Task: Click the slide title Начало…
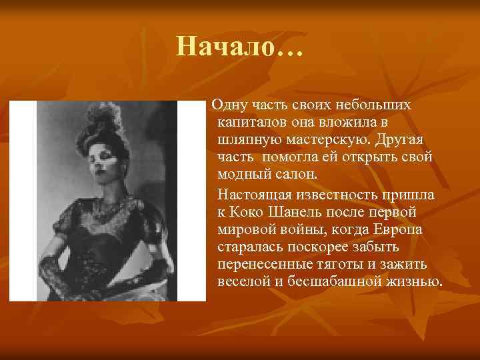tap(239, 47)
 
